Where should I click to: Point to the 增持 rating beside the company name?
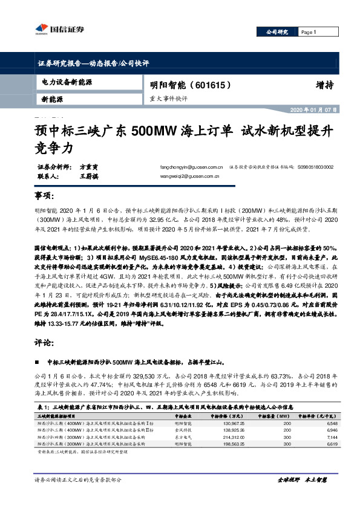(324, 85)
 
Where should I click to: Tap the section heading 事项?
(44, 198)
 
